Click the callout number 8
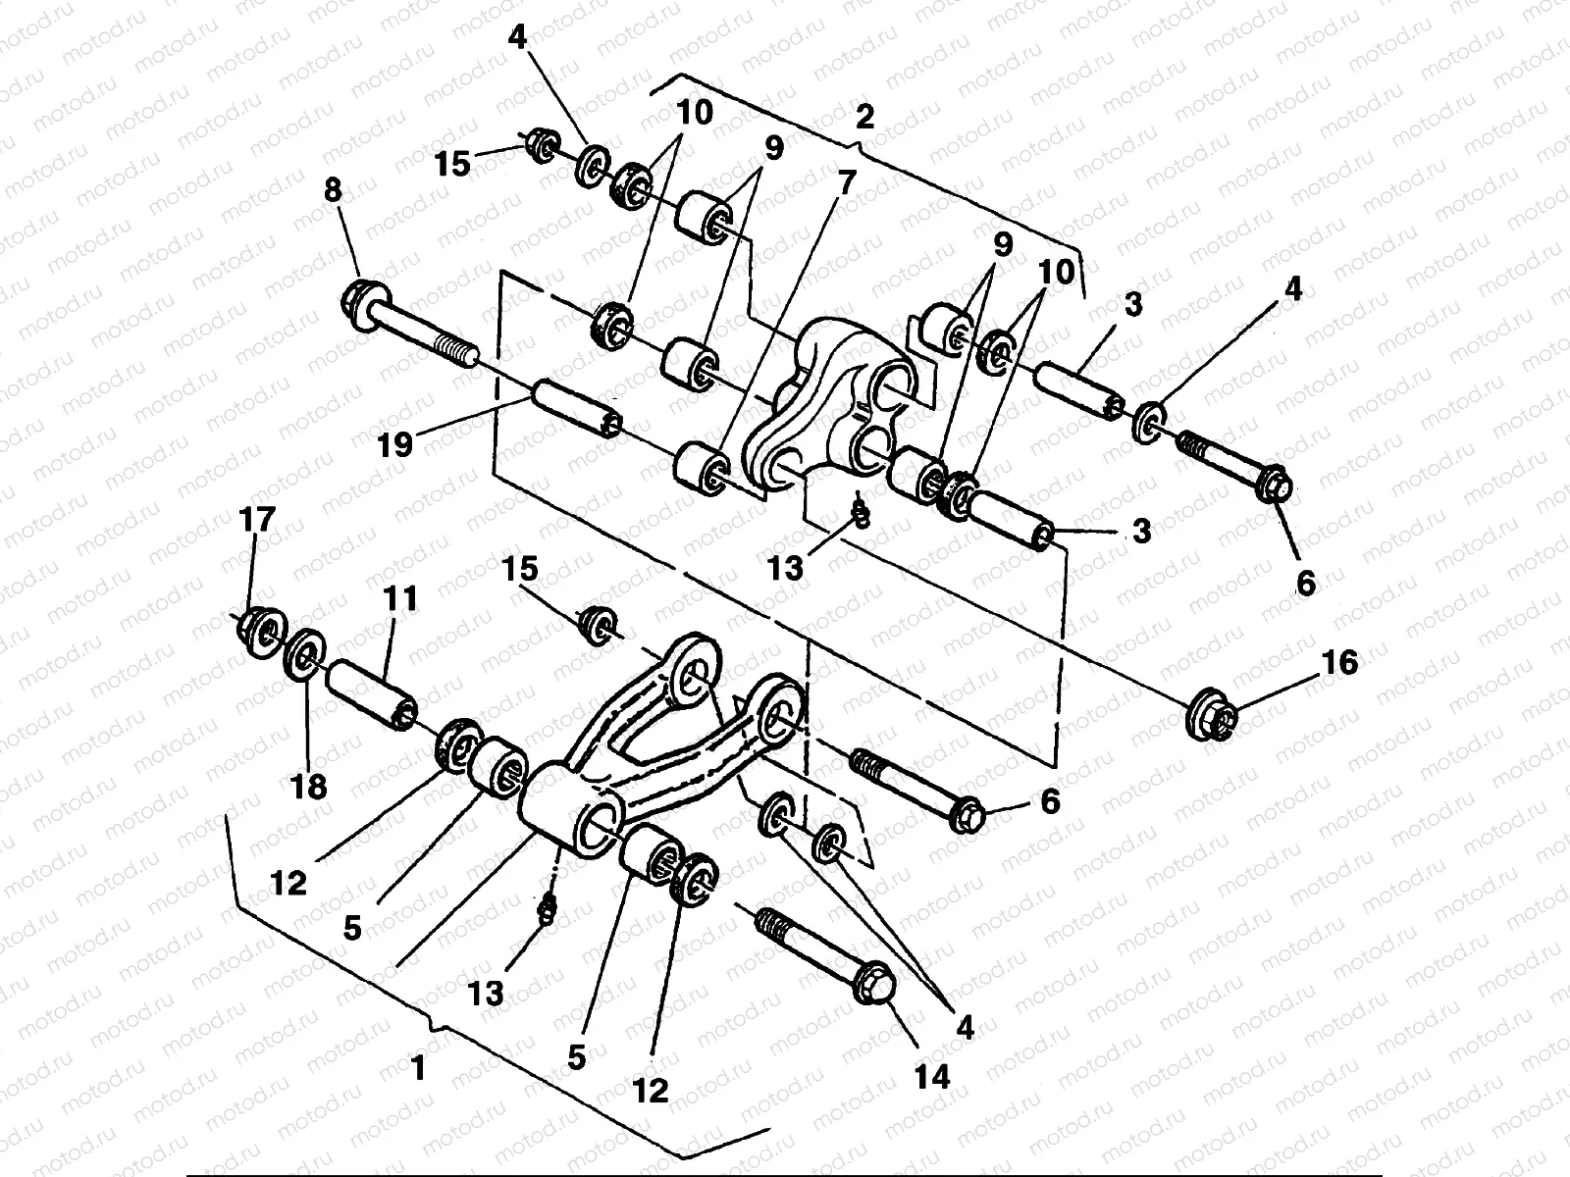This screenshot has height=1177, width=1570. point(333,190)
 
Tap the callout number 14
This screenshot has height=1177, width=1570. point(933,1076)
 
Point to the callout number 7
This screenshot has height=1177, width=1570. point(847,180)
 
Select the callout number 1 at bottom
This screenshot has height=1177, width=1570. point(419,1068)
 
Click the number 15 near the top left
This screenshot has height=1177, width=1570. point(454,163)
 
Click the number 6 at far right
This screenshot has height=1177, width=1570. point(1305,583)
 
